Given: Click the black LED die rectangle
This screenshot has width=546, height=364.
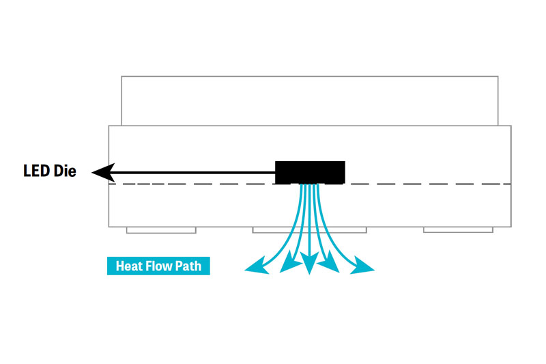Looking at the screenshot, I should pos(310,172).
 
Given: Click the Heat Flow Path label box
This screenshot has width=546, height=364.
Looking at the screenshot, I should pos(158,266).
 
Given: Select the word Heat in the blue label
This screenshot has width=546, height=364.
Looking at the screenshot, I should pos(129,266).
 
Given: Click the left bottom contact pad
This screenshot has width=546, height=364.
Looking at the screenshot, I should pos(161,230).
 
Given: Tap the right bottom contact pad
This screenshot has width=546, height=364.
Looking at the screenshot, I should pos(458,230).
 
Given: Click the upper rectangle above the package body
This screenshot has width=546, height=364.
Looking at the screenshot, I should pos(309,100).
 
